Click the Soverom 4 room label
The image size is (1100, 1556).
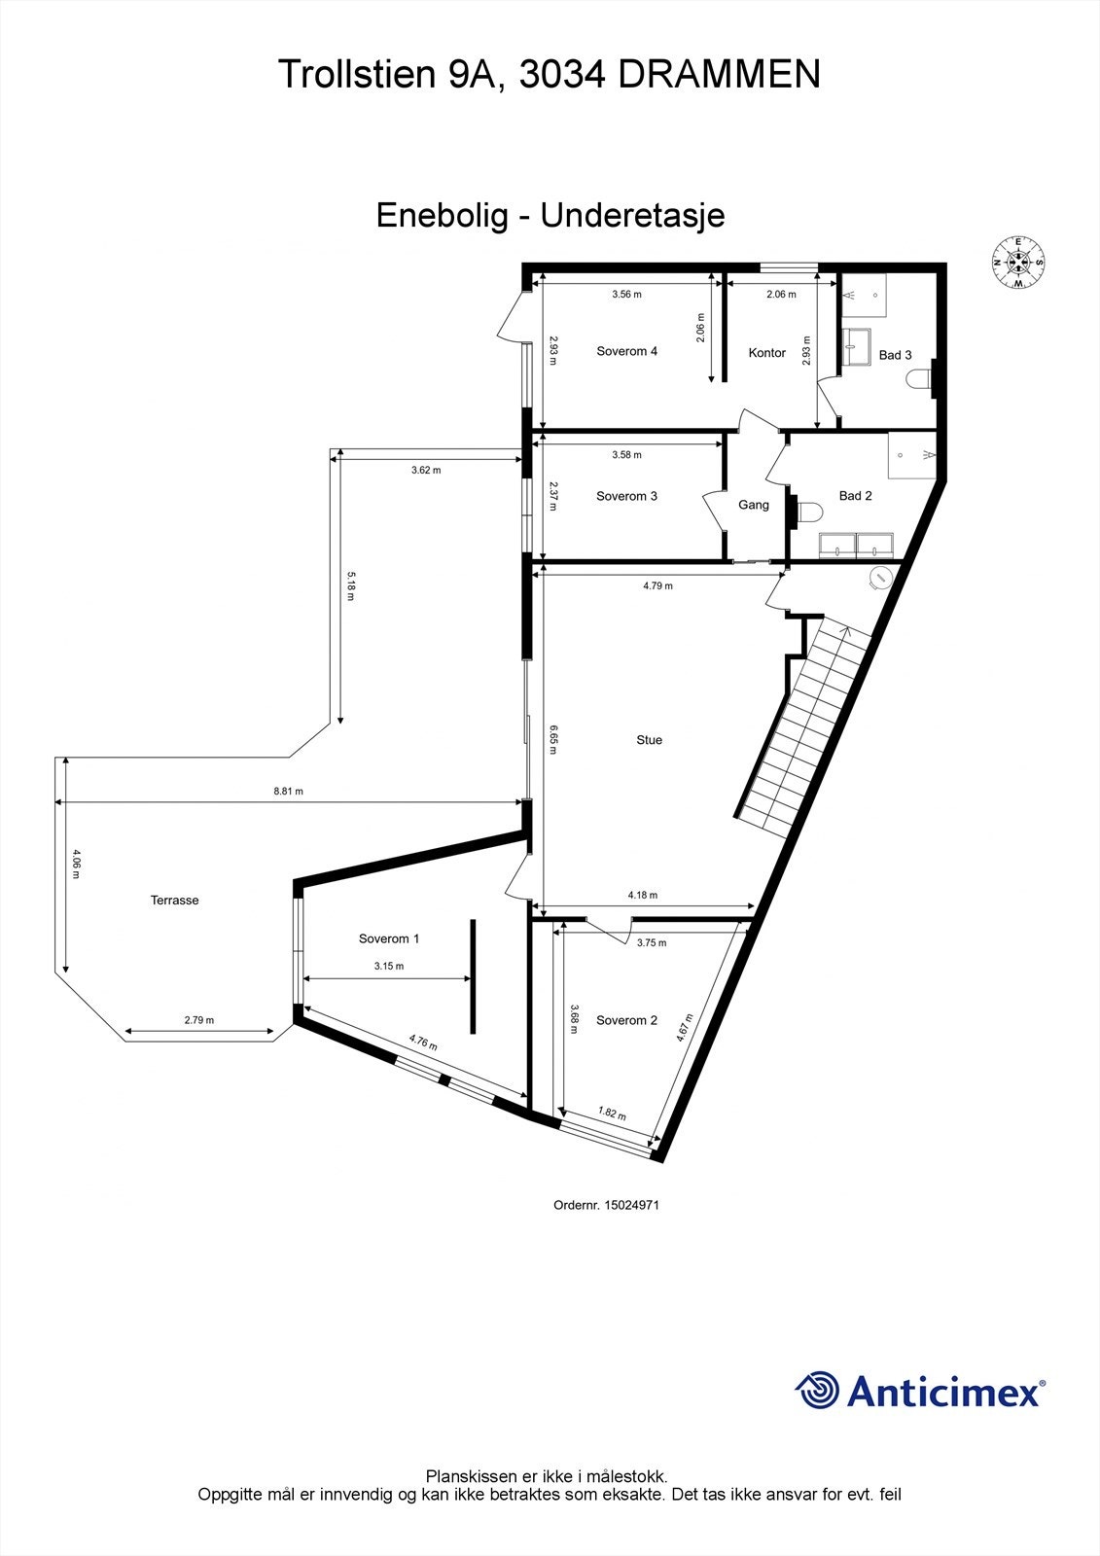coord(626,351)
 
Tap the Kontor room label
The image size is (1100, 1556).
coord(766,353)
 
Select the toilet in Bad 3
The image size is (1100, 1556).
coord(918,379)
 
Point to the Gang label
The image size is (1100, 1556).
coord(754,505)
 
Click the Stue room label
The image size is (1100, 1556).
coord(649,740)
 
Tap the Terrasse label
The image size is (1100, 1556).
coord(174,901)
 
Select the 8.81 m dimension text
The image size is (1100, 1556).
coord(288,792)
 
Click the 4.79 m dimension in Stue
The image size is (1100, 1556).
coord(657,586)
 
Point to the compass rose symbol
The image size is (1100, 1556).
coord(1018,263)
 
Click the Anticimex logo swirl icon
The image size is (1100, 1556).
coord(817,1390)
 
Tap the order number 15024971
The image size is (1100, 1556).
coord(631,1204)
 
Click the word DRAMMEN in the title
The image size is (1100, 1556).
coord(719,75)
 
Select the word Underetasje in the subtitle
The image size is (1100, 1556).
coord(632,215)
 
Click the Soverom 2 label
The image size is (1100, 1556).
coord(626,1020)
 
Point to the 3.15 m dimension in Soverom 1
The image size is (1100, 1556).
coord(388,967)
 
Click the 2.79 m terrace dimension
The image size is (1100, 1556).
coord(198,1020)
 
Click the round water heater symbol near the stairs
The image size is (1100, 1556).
coord(879,578)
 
